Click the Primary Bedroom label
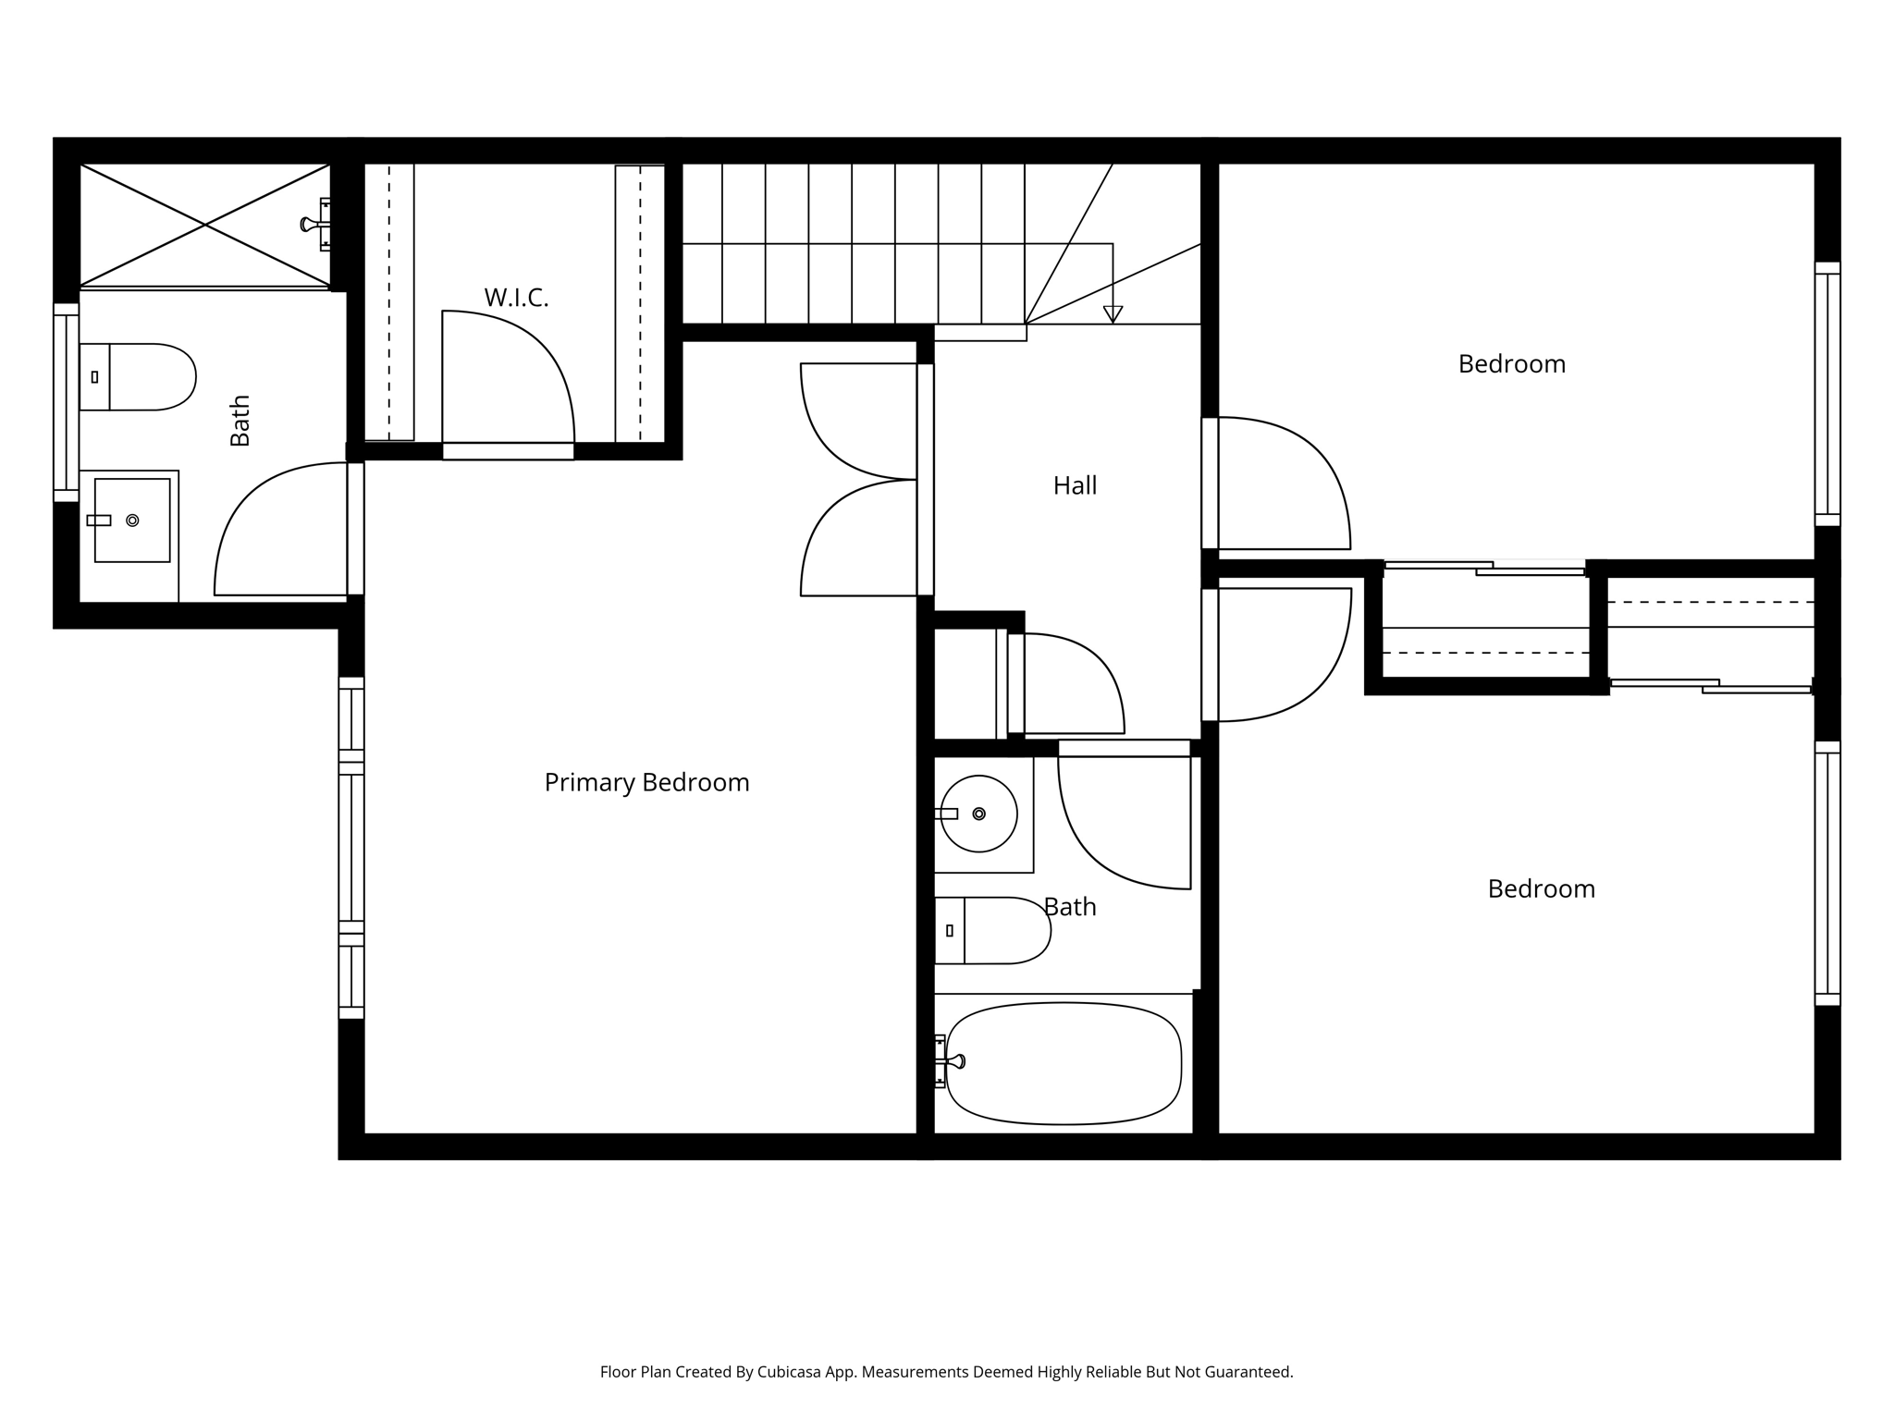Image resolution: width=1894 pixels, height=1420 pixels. pos(646,783)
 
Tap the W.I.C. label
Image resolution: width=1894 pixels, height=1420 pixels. pos(516,298)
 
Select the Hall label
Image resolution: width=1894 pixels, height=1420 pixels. pos(1075,485)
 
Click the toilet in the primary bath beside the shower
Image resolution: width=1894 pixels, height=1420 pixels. pos(138,377)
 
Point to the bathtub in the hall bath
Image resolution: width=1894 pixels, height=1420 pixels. pos(1064,1063)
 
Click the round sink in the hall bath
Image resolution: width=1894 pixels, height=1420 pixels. pos(978,814)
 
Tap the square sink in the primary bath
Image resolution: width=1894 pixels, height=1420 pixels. pos(132,520)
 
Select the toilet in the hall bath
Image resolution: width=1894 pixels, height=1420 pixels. pos(992,930)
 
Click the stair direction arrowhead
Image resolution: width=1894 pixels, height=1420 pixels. pos(1113,314)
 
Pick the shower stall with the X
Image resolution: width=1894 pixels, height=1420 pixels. pos(204,225)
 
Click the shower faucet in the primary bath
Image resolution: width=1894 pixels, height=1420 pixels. pos(315,224)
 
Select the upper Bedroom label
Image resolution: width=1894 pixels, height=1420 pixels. pos(1512,364)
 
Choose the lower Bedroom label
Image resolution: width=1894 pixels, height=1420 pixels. pos(1542,889)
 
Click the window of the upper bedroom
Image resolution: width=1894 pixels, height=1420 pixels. pos(1827,394)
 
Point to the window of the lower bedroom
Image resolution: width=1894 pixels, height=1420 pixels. pos(1827,873)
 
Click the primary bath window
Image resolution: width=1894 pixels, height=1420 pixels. pos(66,402)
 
